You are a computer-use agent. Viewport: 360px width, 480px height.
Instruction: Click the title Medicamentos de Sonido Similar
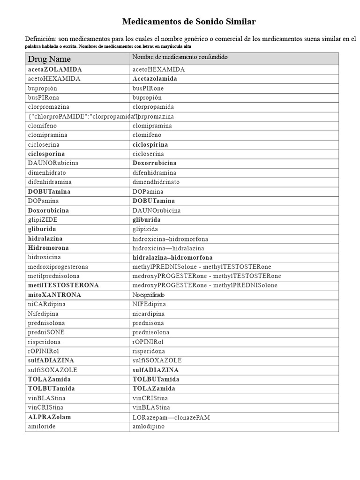click(x=189, y=22)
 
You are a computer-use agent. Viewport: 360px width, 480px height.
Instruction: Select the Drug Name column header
click(x=49, y=59)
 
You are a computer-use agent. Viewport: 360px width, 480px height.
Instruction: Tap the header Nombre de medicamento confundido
click(x=180, y=57)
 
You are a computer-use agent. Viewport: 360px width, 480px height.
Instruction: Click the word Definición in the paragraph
click(x=41, y=38)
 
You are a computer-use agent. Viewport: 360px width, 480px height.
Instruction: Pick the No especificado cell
click(x=148, y=295)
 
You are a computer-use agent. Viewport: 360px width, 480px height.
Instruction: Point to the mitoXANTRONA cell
click(x=54, y=295)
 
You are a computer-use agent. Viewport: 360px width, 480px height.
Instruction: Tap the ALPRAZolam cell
click(x=50, y=417)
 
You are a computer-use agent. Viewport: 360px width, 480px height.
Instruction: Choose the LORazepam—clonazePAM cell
click(x=171, y=417)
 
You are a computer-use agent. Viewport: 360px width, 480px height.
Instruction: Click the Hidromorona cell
click(x=48, y=248)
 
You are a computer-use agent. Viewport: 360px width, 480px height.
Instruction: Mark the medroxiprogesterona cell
click(x=58, y=267)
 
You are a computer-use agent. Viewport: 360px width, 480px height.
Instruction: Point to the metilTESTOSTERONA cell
click(x=63, y=285)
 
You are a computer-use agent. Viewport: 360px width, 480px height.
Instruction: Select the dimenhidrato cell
click(x=46, y=172)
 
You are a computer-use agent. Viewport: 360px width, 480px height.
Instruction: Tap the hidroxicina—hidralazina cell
click(x=168, y=248)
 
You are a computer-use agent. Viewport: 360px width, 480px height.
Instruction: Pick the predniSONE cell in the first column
click(x=46, y=332)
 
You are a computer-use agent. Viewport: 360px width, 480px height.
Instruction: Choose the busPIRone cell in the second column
click(x=148, y=88)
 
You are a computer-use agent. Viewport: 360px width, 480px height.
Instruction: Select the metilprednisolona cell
click(x=54, y=276)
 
